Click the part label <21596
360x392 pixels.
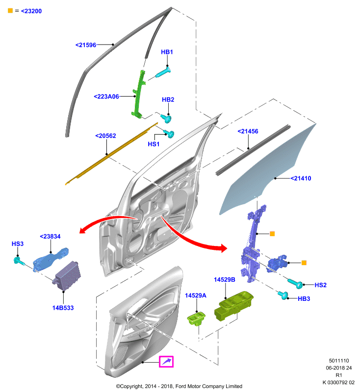(86, 45)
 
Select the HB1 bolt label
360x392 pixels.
(167, 52)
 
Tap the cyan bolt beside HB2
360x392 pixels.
(166, 118)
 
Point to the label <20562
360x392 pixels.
(105, 136)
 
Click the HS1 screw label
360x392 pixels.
(154, 144)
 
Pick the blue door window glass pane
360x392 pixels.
(268, 170)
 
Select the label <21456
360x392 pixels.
(248, 131)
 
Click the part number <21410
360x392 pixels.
(301, 178)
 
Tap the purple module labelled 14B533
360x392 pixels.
(66, 276)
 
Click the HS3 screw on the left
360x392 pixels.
(19, 261)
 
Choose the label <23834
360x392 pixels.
(50, 237)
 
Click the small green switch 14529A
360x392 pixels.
(196, 318)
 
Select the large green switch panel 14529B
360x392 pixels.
(233, 305)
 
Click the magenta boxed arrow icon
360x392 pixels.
(166, 362)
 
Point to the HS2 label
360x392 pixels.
(320, 285)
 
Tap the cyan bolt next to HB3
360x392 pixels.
(283, 295)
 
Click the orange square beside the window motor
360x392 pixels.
(304, 263)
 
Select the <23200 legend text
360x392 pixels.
(31, 11)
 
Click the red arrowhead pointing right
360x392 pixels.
(223, 248)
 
